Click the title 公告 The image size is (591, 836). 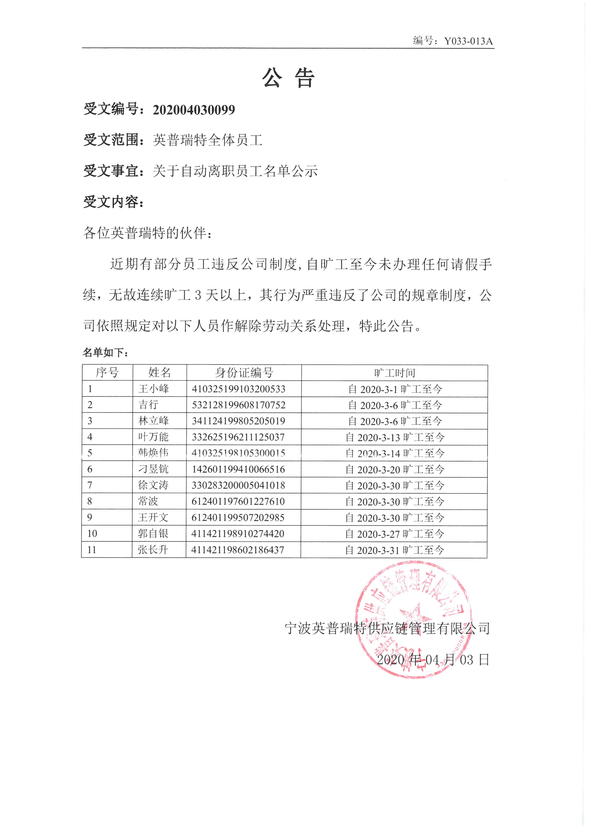pos(288,78)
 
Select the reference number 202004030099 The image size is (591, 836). pos(194,110)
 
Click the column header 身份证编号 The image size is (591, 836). pos(244,373)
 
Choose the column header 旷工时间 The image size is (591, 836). pos(394,373)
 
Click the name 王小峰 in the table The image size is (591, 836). pos(153,389)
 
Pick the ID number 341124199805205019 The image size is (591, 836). pos(238,421)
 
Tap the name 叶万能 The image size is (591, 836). pos(153,437)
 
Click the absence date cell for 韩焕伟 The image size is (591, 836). pos(395,453)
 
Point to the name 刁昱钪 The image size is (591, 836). pos(153,469)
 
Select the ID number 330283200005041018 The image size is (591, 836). pos(238,485)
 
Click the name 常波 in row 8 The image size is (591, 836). pos(148,501)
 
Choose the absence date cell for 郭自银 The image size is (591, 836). pos(394,534)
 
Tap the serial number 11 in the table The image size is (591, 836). pos(92,550)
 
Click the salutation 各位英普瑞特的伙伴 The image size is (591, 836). pos(147,233)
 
